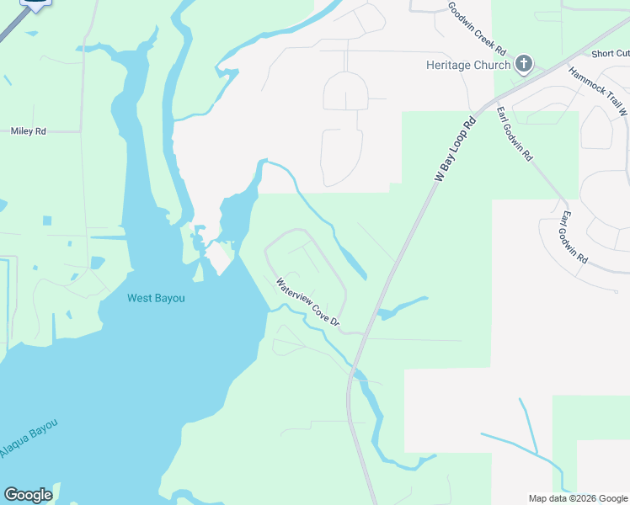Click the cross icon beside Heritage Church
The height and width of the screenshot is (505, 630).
point(523,65)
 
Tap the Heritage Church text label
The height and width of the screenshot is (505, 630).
point(468,65)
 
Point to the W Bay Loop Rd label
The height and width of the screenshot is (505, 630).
point(456,150)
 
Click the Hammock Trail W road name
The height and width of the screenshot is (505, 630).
point(599,93)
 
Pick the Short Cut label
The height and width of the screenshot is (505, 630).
point(610,54)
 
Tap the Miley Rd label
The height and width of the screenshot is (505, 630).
point(28,131)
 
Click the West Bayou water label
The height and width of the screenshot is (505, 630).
point(156,298)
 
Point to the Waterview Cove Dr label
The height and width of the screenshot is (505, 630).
point(307,303)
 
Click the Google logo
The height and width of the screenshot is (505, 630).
point(28,495)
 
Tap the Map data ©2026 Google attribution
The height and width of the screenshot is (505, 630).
point(578,498)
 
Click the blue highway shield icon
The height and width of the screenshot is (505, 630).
point(35,3)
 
